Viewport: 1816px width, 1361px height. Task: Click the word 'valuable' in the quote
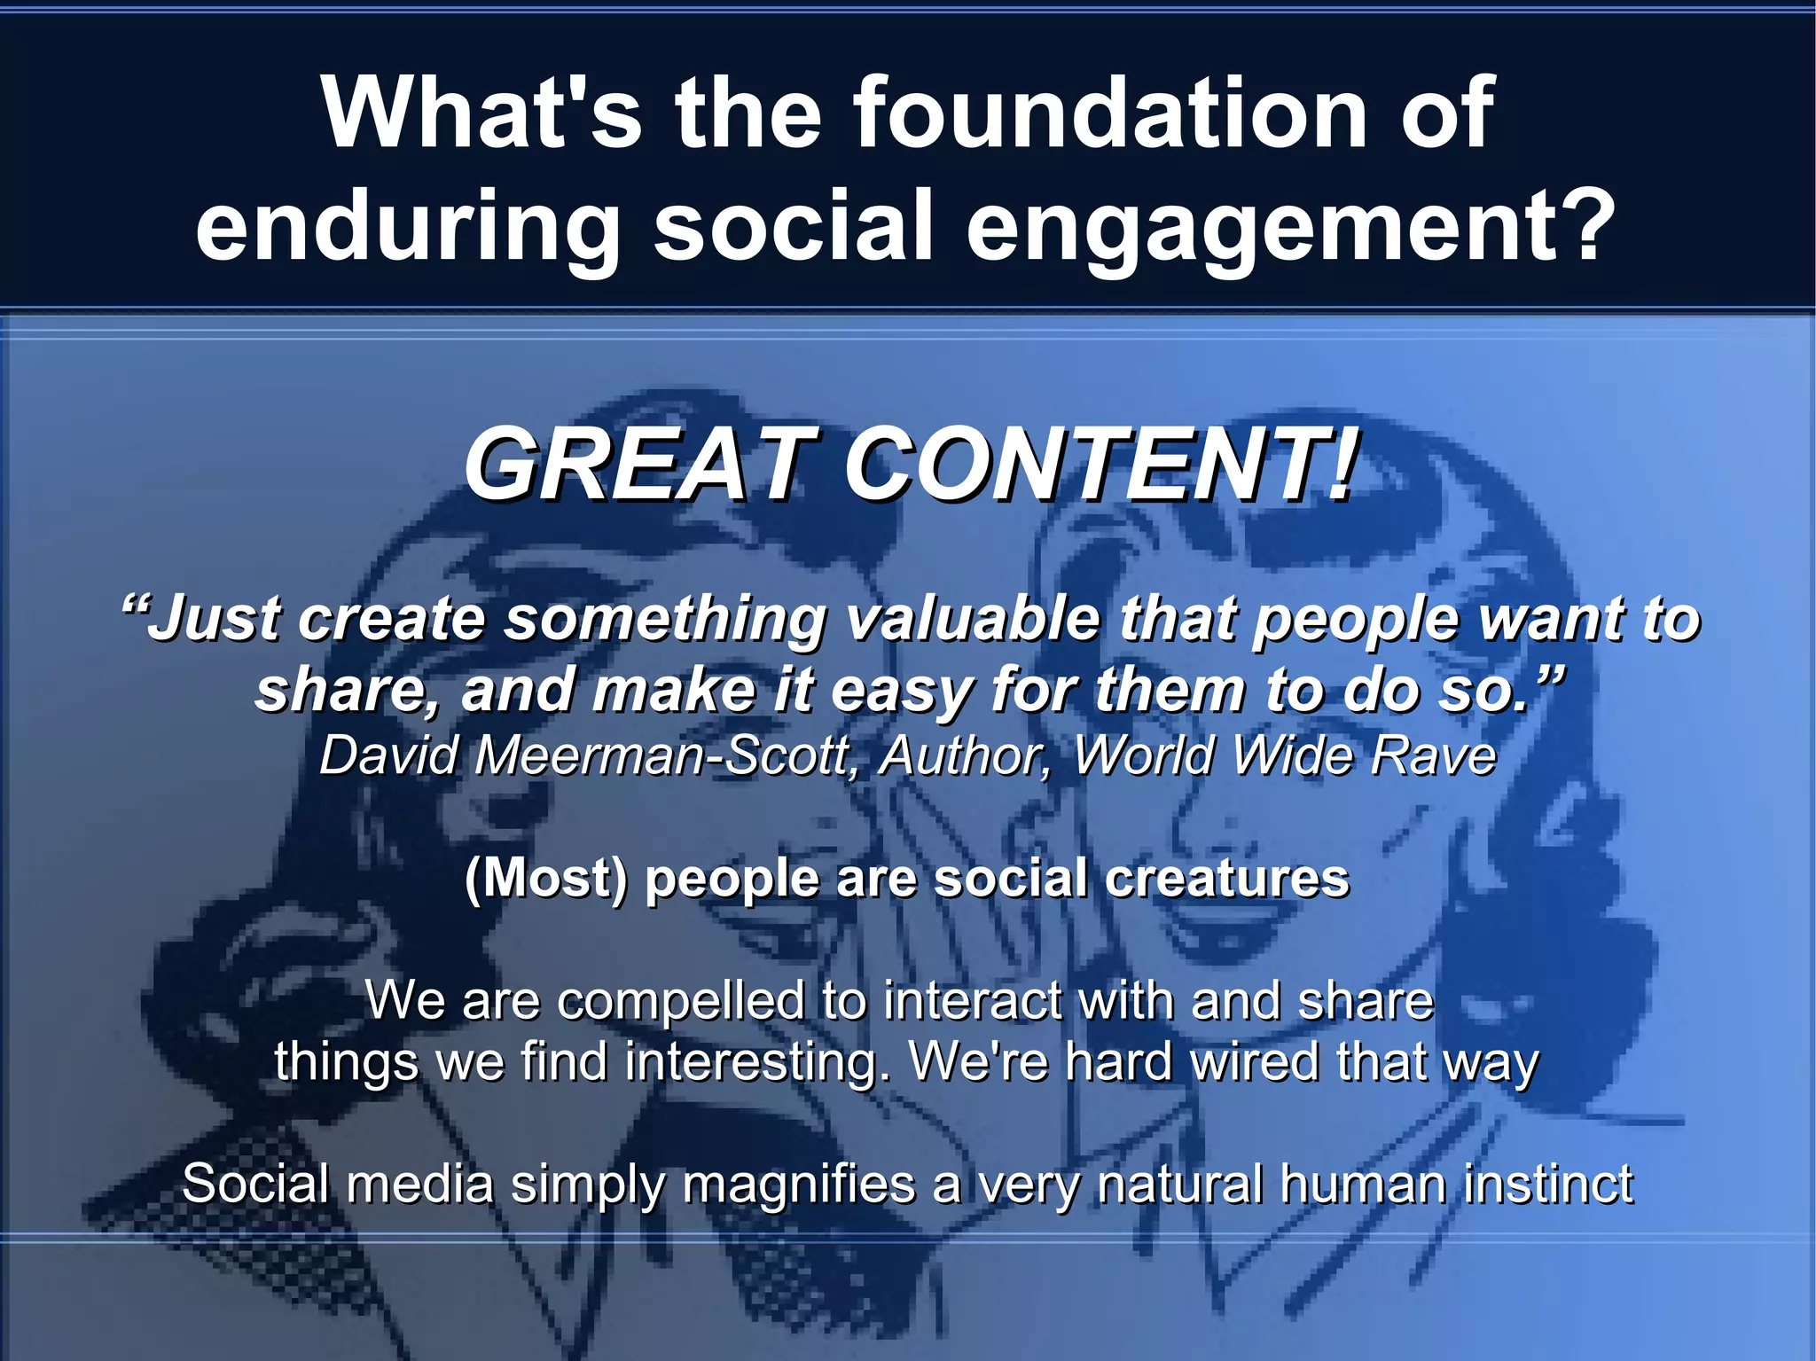pyautogui.click(x=972, y=618)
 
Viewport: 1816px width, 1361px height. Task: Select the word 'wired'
pyautogui.click(x=1254, y=1061)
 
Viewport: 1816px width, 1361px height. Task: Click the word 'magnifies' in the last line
pyautogui.click(x=798, y=1184)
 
